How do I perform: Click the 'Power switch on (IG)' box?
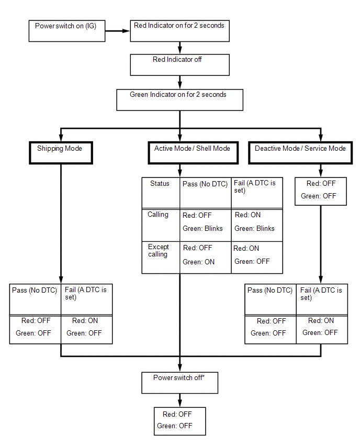pyautogui.click(x=67, y=31)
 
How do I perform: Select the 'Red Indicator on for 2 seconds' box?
pyautogui.click(x=179, y=31)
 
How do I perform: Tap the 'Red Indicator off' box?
pyautogui.click(x=179, y=65)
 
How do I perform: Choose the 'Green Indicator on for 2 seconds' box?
pyautogui.click(x=179, y=100)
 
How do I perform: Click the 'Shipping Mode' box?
pyautogui.click(x=61, y=153)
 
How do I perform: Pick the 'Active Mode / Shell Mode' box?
pyautogui.click(x=193, y=153)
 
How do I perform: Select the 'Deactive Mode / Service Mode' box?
pyautogui.click(x=300, y=153)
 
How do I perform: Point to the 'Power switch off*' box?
pyautogui.click(x=179, y=383)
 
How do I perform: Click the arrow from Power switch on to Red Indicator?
pyautogui.click(x=117, y=31)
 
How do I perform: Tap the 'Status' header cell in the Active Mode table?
pyautogui.click(x=161, y=193)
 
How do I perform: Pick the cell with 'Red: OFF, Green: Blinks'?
pyautogui.click(x=206, y=225)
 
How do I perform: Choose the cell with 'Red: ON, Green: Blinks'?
pyautogui.click(x=257, y=225)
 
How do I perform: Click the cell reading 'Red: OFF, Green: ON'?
pyautogui.click(x=206, y=258)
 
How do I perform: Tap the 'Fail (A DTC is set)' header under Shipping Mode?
pyautogui.click(x=87, y=299)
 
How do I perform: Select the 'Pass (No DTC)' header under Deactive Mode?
pyautogui.click(x=271, y=299)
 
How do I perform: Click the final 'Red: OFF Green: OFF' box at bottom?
pyautogui.click(x=179, y=421)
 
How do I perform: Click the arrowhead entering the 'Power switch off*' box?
pyautogui.click(x=179, y=369)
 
